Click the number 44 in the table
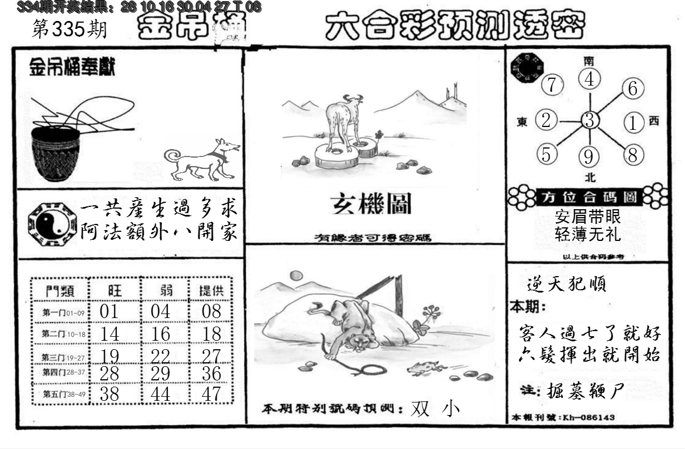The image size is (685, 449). (160, 393)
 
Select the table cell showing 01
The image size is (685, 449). (109, 311)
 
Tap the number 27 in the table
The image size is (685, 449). (212, 356)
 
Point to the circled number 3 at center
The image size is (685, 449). (590, 120)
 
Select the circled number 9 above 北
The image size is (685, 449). (590, 156)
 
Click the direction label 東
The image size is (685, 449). (522, 121)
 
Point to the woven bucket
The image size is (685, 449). (55, 153)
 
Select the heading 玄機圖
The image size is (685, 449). (371, 204)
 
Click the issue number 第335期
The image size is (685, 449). (69, 29)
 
